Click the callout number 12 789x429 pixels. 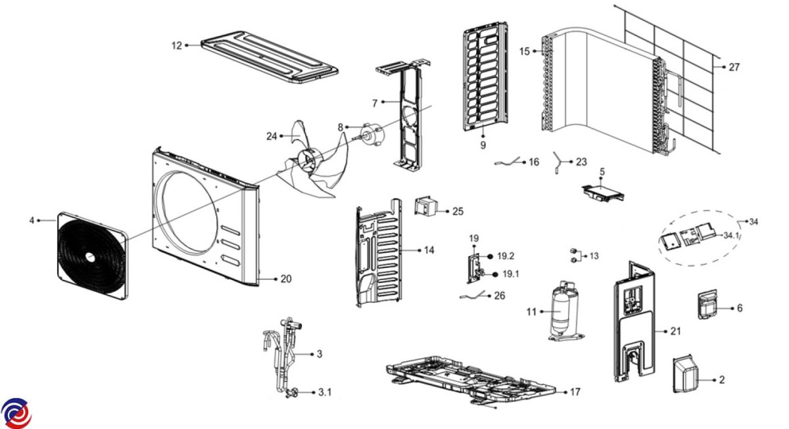click(x=176, y=45)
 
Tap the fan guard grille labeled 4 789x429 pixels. click(x=93, y=256)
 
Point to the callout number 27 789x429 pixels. click(x=734, y=67)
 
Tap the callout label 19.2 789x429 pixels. click(x=506, y=256)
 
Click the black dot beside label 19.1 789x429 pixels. click(x=495, y=274)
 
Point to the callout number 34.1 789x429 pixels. click(x=731, y=235)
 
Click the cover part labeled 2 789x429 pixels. click(x=685, y=374)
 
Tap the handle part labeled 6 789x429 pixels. click(x=707, y=305)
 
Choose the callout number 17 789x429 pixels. click(x=575, y=392)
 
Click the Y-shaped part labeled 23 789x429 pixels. click(x=560, y=162)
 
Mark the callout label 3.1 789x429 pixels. click(x=325, y=392)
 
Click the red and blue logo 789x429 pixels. click(x=16, y=413)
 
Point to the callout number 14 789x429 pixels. click(x=429, y=250)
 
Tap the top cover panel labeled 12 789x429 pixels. click(x=270, y=56)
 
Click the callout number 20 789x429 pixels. click(x=286, y=279)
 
